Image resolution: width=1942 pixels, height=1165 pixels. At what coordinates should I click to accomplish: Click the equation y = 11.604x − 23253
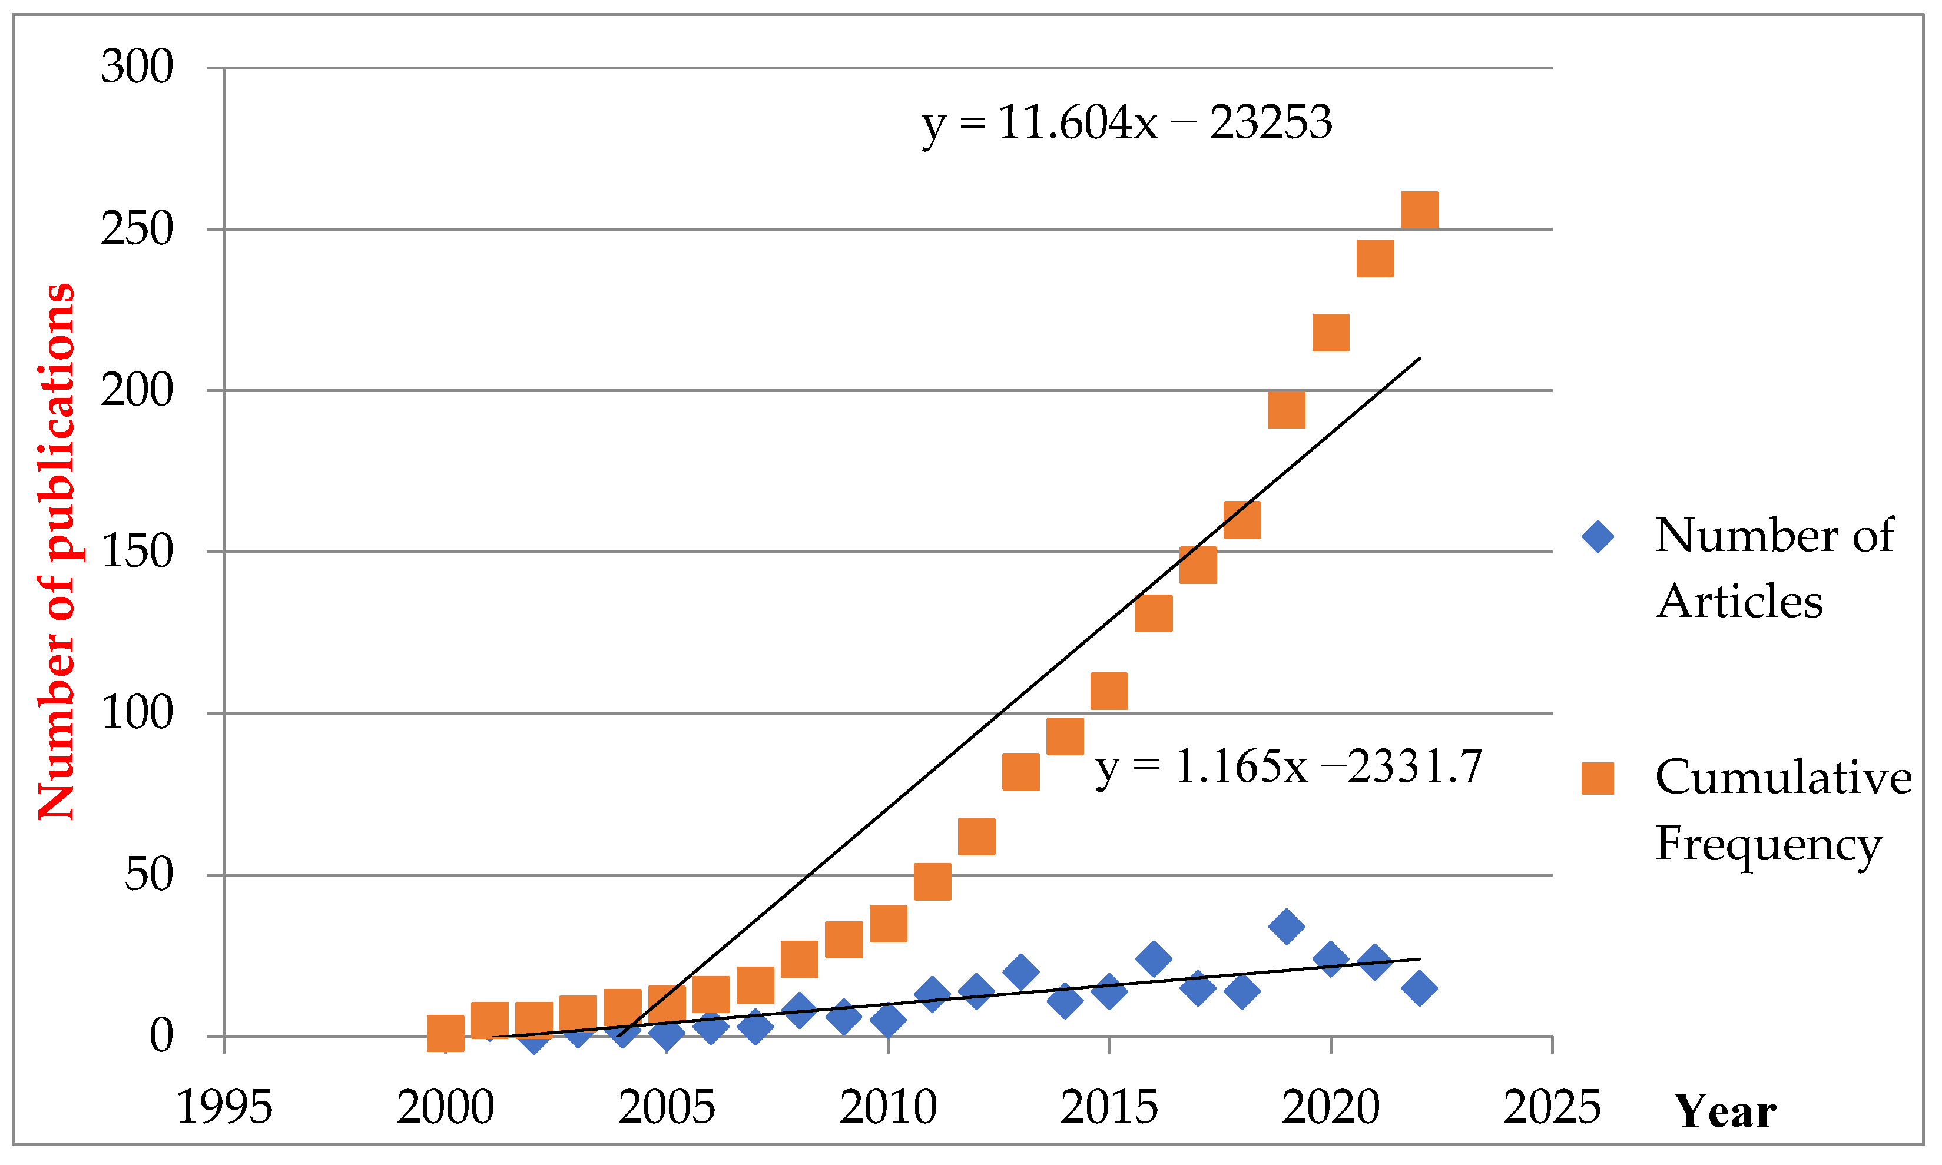click(1126, 123)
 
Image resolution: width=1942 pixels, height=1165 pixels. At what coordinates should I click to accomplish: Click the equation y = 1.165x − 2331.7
click(1288, 767)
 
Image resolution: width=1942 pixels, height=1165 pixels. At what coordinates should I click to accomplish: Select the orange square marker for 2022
click(1419, 210)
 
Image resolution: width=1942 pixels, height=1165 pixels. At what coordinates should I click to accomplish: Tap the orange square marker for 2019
click(1286, 410)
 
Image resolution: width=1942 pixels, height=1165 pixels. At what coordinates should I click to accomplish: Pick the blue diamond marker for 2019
click(1286, 927)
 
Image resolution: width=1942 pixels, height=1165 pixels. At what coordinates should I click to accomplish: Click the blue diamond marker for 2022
click(1419, 988)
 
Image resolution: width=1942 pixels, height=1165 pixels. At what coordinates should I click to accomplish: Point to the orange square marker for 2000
click(445, 1033)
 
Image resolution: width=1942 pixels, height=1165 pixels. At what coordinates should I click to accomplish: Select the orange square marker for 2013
click(1021, 772)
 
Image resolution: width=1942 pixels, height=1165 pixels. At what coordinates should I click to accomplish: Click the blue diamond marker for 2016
click(1154, 958)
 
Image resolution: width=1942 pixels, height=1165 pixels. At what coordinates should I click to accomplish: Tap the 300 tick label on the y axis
click(137, 68)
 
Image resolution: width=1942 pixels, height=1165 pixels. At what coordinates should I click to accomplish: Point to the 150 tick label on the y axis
click(137, 552)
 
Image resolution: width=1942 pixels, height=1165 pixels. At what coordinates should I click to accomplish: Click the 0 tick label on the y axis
click(161, 1036)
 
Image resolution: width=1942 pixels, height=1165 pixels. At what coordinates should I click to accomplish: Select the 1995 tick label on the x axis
click(224, 1108)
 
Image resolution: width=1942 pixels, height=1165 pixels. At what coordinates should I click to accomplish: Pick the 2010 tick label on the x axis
click(887, 1108)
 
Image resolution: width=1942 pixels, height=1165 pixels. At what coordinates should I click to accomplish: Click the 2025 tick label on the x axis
click(1551, 1108)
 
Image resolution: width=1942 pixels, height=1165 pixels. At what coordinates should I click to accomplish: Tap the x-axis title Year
click(1725, 1111)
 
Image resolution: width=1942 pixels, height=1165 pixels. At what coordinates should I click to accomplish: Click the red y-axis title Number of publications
click(57, 552)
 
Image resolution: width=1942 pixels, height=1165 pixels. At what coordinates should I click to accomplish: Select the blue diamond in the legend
click(1598, 537)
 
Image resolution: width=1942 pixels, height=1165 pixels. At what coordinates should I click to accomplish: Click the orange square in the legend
click(1598, 779)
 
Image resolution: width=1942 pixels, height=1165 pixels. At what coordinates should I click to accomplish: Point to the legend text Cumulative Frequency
click(1782, 810)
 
